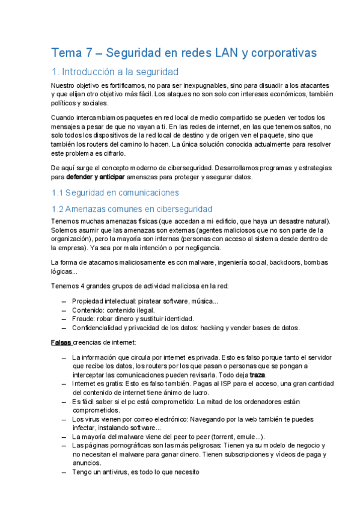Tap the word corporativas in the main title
point(283,53)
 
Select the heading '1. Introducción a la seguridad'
point(115,72)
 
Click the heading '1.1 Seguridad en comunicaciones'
point(115,192)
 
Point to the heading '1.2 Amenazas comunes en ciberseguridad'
point(132,209)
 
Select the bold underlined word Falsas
point(61,343)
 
